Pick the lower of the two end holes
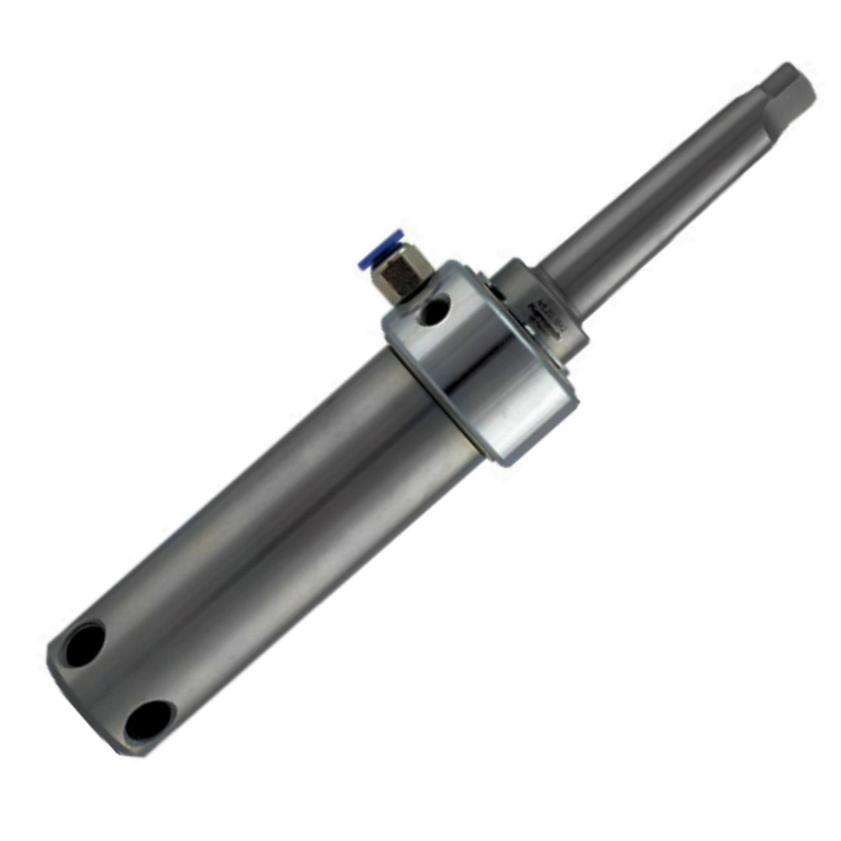[x=149, y=720]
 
